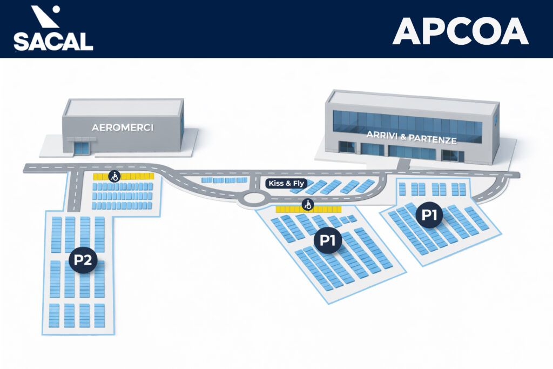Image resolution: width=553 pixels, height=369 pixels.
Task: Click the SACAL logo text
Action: tap(53, 41)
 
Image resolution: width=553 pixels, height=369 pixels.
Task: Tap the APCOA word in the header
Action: tap(460, 31)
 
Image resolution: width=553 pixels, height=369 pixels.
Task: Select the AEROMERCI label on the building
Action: tap(123, 128)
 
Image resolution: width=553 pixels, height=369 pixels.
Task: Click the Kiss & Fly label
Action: tap(287, 184)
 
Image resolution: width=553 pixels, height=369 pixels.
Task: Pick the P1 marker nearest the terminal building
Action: tap(429, 216)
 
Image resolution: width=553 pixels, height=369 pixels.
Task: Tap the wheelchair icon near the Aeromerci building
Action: tap(114, 176)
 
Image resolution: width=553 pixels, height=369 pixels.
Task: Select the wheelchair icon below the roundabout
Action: tap(308, 204)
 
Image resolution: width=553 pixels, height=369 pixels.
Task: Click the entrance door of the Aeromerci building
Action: tap(82, 147)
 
